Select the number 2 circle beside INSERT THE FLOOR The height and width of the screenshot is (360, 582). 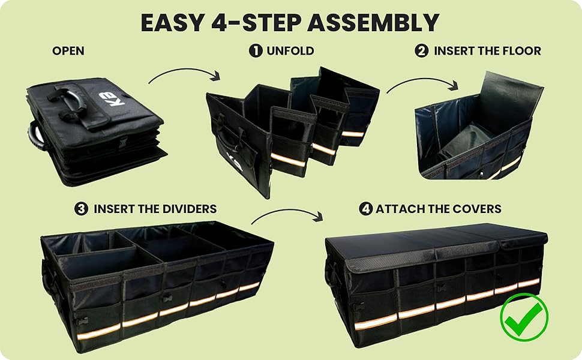(x=422, y=51)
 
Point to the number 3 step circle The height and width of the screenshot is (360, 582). (x=81, y=209)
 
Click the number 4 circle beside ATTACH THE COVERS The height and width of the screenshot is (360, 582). (x=365, y=209)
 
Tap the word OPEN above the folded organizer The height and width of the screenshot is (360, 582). (x=68, y=51)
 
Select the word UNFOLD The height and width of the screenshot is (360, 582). (x=290, y=51)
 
